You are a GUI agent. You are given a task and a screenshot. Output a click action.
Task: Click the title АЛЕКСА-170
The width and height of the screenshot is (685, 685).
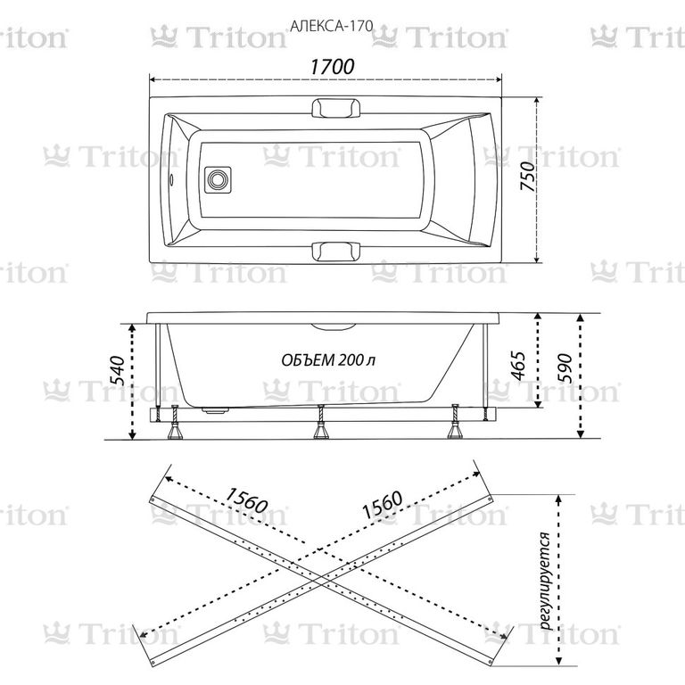pos(332,26)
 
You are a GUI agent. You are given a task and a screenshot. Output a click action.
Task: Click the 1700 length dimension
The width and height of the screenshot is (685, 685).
pos(332,67)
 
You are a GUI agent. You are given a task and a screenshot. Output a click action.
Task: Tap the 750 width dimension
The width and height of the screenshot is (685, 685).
pos(528,176)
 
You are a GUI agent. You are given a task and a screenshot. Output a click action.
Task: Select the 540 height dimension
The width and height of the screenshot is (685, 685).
pos(117,370)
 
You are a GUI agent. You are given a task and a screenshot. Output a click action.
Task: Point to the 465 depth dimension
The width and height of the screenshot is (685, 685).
pos(517,365)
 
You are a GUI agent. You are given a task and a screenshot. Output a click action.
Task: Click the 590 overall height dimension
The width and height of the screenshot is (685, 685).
pos(565,367)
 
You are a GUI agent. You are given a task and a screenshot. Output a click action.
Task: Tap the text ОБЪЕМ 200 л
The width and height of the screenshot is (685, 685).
pos(328,360)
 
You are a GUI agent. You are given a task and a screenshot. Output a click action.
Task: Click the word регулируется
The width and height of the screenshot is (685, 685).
pos(545,580)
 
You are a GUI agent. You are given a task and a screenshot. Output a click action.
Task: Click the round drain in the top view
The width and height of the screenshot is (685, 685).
pos(217,179)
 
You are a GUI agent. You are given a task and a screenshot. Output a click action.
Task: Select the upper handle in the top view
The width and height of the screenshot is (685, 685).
pos(336,108)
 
